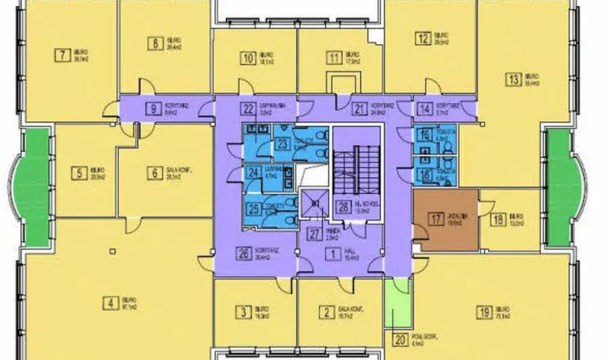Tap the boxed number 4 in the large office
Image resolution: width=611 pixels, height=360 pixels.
coord(109,303)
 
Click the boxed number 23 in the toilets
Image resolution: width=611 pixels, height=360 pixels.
coord(281,143)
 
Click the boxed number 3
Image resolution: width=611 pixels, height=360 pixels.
coord(242,312)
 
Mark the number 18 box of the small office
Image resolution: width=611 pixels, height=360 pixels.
coord(498,219)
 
